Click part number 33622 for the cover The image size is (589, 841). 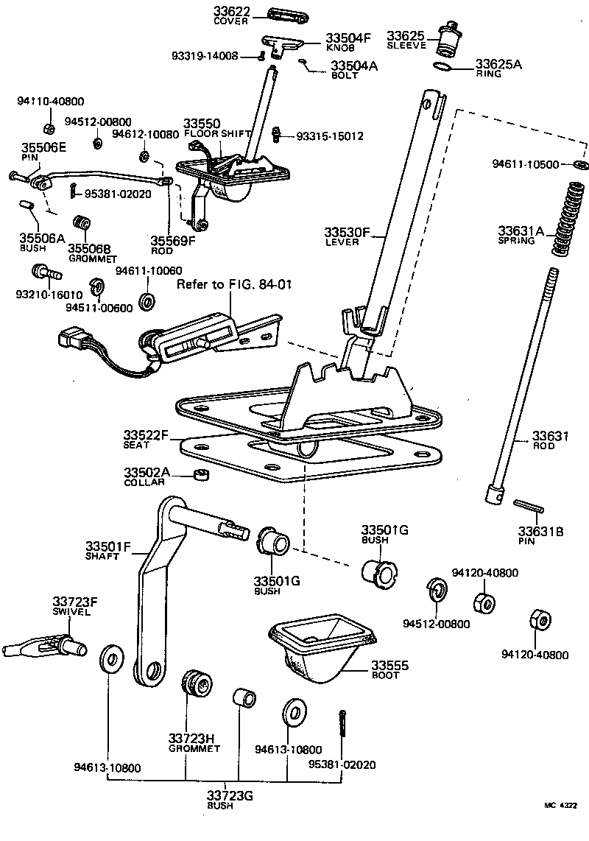[x=232, y=11]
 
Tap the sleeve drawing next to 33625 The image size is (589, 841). [x=445, y=41]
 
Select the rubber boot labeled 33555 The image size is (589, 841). [x=322, y=648]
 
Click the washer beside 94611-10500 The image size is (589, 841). [x=581, y=163]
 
